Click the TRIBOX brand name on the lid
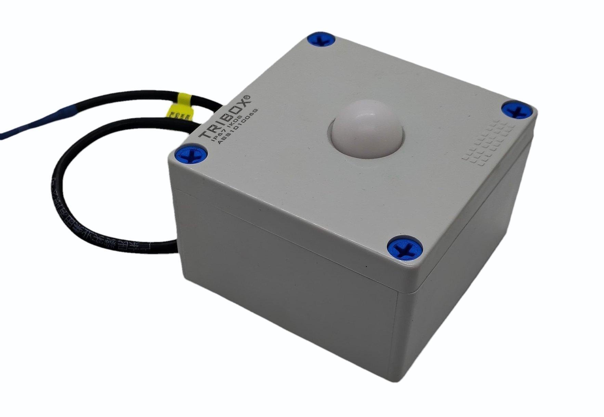pyautogui.click(x=226, y=117)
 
